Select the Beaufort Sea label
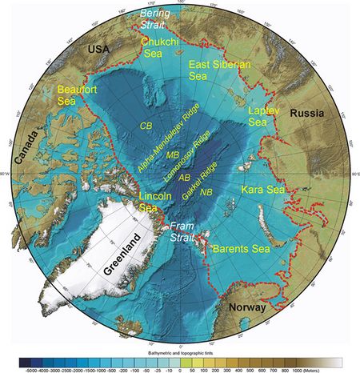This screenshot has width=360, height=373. click(x=70, y=97)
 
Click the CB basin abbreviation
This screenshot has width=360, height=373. click(x=146, y=126)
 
